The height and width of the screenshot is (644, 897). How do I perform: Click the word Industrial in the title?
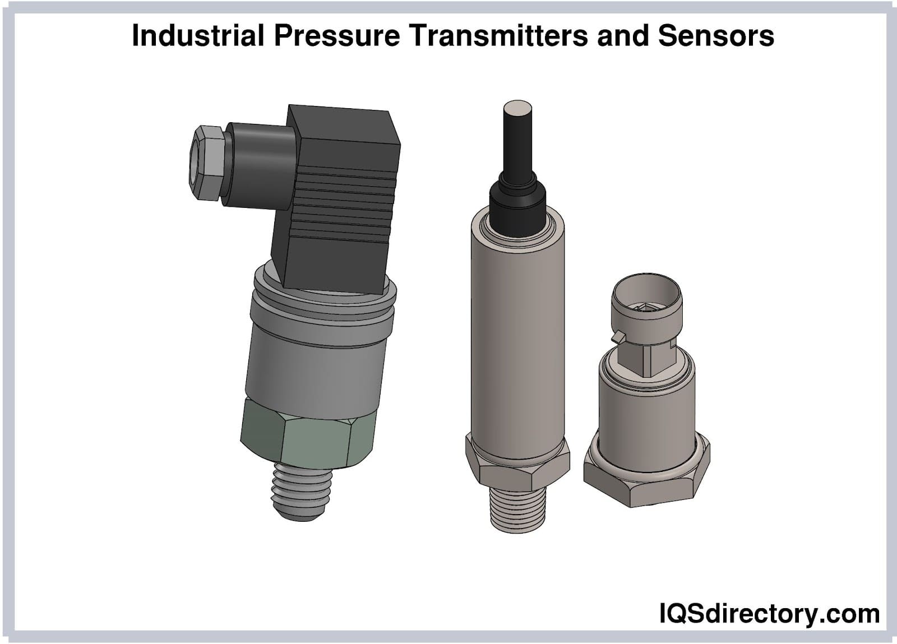tap(198, 36)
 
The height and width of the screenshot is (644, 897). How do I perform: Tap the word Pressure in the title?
tap(337, 36)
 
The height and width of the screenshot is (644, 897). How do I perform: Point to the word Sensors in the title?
tap(716, 36)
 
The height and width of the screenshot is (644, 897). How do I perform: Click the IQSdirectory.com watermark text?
tap(769, 614)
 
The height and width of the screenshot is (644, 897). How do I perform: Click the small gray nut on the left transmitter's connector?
tap(206, 163)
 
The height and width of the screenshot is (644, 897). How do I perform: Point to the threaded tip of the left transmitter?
tap(301, 492)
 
